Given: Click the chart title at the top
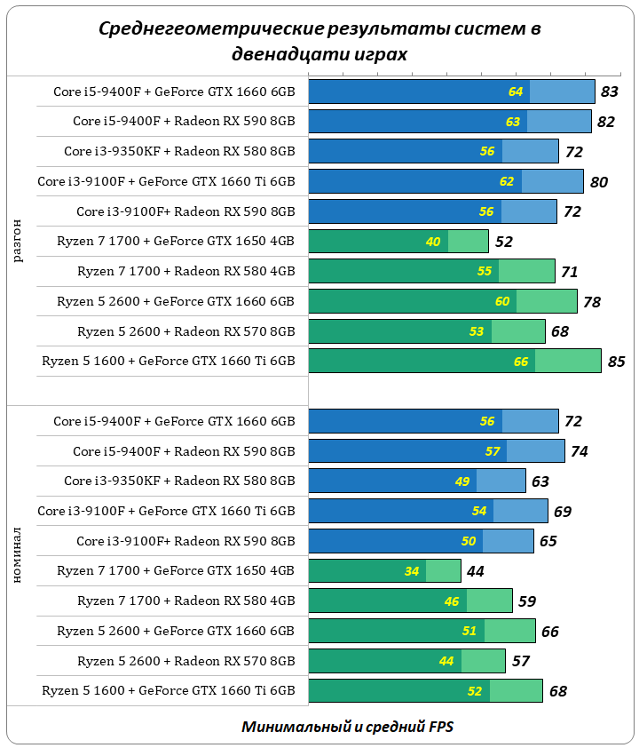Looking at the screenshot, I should point(319,41).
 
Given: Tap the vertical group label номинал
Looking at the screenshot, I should point(19,555).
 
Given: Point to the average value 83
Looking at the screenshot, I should point(609,92).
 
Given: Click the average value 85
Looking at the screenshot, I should point(616,362).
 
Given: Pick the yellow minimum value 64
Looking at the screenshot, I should point(516,92).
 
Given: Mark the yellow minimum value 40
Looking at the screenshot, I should point(433,242).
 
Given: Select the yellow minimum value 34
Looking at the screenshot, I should point(412,571).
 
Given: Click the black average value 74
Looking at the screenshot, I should point(579,451).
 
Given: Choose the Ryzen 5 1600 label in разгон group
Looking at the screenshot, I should point(169,361).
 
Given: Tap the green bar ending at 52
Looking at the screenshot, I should point(398,242).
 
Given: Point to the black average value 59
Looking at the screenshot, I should point(526,601).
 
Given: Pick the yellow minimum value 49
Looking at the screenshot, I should point(461,481).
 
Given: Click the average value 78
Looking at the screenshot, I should point(592,302).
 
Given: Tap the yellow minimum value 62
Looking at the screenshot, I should point(507,181).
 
